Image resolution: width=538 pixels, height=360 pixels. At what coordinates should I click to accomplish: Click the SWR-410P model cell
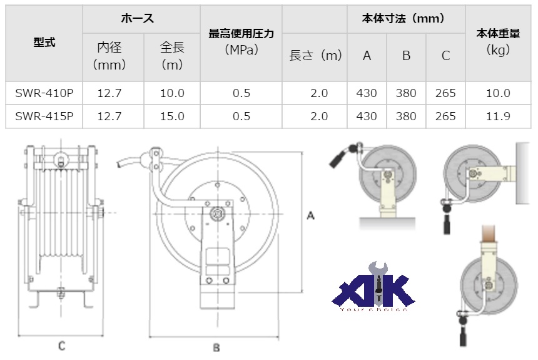coord(44,93)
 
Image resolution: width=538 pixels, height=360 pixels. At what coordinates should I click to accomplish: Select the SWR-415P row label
coord(44,116)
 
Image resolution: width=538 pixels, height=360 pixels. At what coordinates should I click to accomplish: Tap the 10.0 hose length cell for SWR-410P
coord(172,93)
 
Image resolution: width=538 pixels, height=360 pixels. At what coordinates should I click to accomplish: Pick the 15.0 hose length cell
coord(172,116)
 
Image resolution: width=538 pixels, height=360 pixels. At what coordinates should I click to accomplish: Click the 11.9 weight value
coord(498,116)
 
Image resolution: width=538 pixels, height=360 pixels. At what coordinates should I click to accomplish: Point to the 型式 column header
coord(44,43)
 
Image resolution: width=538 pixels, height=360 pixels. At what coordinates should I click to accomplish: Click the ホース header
coord(141,18)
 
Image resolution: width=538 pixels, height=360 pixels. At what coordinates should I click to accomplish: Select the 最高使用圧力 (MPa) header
coord(241,42)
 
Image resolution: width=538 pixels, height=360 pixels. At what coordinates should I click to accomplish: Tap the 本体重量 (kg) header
coord(498,42)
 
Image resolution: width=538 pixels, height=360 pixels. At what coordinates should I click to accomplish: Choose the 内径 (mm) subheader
coord(113,56)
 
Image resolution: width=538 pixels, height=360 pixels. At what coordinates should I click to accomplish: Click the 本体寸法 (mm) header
coord(405,18)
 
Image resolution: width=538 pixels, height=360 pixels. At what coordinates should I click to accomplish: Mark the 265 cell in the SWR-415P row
coord(445,116)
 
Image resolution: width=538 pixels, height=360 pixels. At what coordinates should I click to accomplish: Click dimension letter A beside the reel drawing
coord(310,215)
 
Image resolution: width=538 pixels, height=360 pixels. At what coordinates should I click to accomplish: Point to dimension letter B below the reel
coord(216,346)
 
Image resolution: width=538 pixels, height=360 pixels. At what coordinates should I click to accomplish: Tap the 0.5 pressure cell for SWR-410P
coord(241,93)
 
